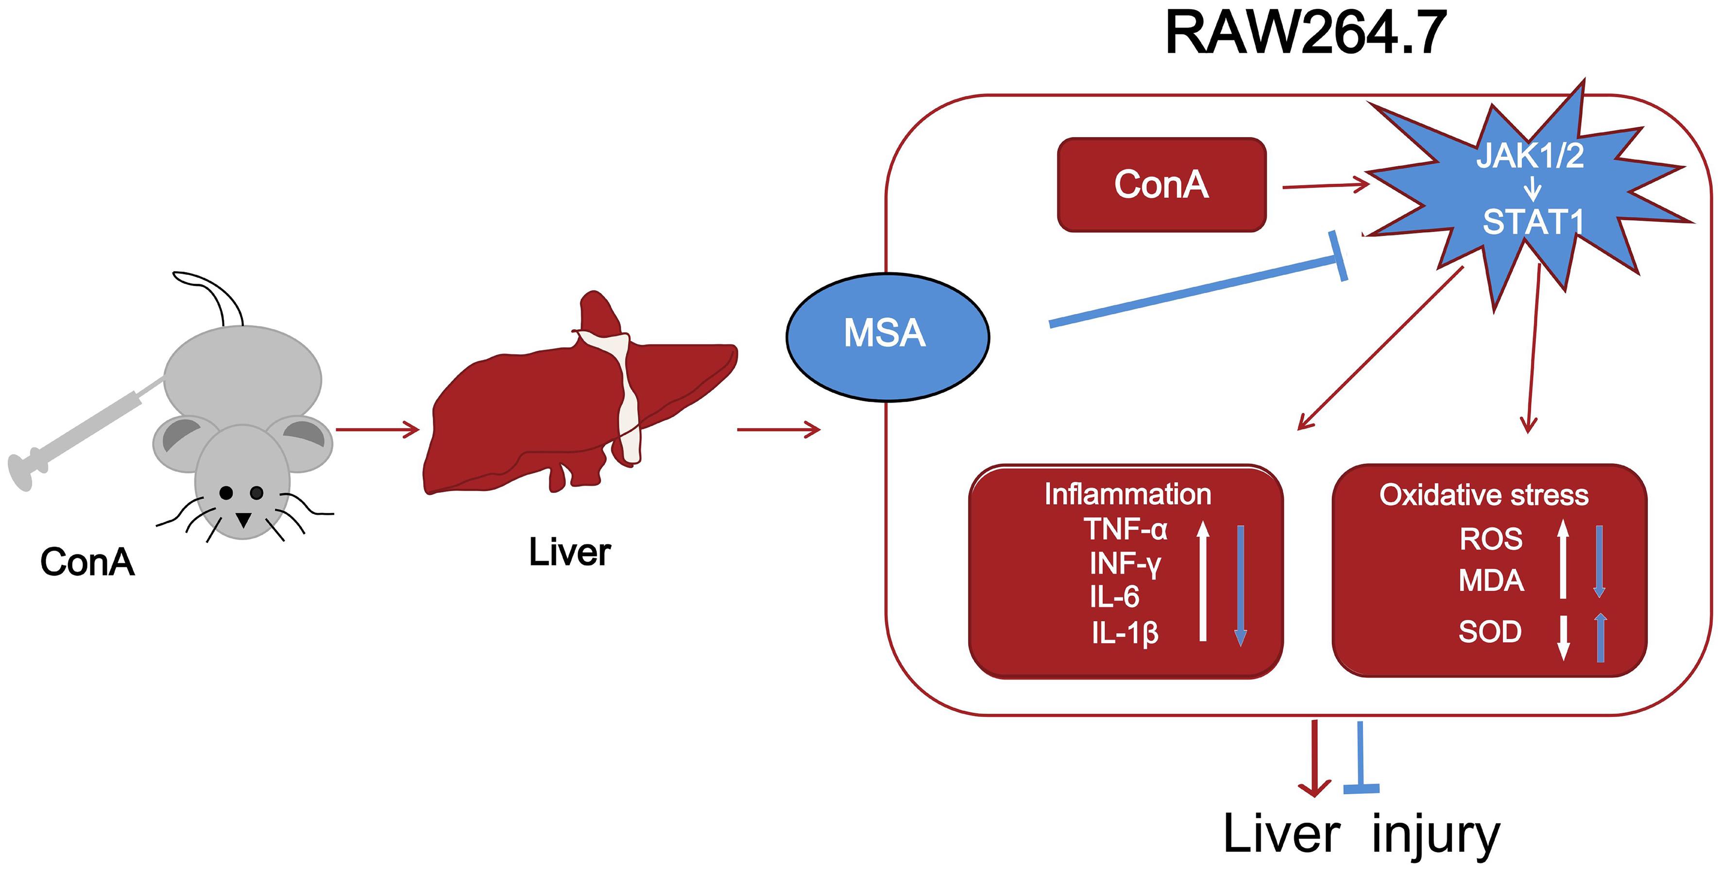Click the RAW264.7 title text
1306,34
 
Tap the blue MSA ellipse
886,335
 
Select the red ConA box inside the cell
1161,185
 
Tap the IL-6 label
1114,597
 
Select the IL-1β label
1125,632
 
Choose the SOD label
1489,631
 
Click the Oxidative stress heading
1483,495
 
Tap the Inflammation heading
1127,495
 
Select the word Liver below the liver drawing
569,552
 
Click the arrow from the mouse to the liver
377,430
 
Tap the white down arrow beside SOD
1563,637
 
